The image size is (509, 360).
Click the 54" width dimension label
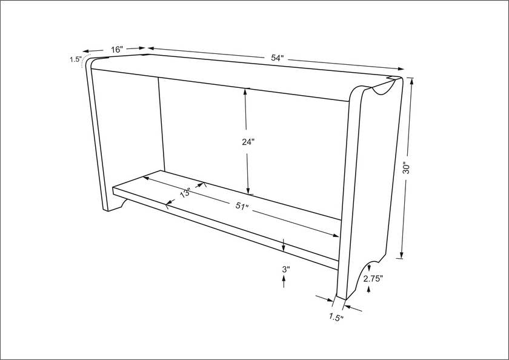click(x=278, y=58)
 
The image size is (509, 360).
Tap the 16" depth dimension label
click(x=117, y=50)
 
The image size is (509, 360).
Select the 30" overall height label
click(x=407, y=167)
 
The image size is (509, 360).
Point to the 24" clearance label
click(x=248, y=142)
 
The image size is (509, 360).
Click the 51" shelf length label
click(x=242, y=207)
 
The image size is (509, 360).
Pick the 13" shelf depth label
click(x=185, y=193)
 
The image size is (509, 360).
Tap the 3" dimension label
click(x=285, y=269)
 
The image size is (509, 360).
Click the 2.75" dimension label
click(x=373, y=279)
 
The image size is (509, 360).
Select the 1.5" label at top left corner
click(x=75, y=59)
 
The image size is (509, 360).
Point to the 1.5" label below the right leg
click(x=336, y=317)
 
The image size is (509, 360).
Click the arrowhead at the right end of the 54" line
click(x=401, y=68)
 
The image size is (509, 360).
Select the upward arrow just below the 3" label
click(x=284, y=281)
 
